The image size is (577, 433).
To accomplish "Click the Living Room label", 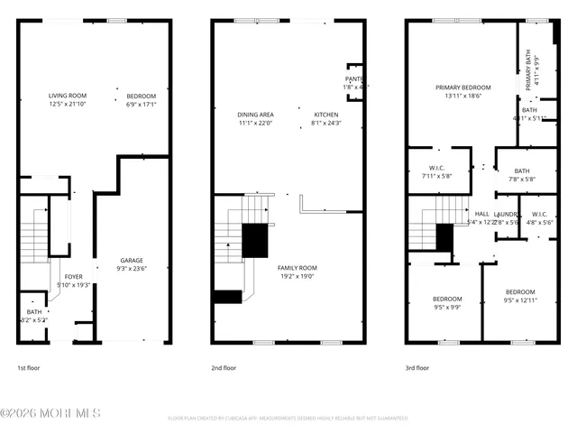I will coord(68,96).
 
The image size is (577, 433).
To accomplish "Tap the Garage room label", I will coord(132,260).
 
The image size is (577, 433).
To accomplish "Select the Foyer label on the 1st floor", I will coord(71,277).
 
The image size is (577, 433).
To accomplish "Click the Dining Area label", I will coord(255,115).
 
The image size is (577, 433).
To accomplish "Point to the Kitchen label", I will coord(325,115).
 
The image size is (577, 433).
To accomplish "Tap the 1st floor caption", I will coord(28,368).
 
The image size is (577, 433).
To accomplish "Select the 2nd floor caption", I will coord(224,368).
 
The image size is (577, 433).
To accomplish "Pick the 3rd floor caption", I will coord(417,368).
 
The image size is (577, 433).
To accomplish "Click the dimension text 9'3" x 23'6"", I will coord(132,268).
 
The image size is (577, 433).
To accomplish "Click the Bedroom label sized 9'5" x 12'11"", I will coord(520,292).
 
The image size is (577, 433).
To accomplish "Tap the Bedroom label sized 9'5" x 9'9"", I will coord(446,299).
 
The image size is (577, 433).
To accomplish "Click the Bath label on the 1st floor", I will coord(33,312).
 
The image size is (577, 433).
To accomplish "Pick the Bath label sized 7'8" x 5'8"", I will coord(522,170).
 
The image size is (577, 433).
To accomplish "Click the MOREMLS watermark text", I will coord(50,413).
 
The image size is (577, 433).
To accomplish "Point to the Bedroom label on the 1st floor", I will coord(141,96).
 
